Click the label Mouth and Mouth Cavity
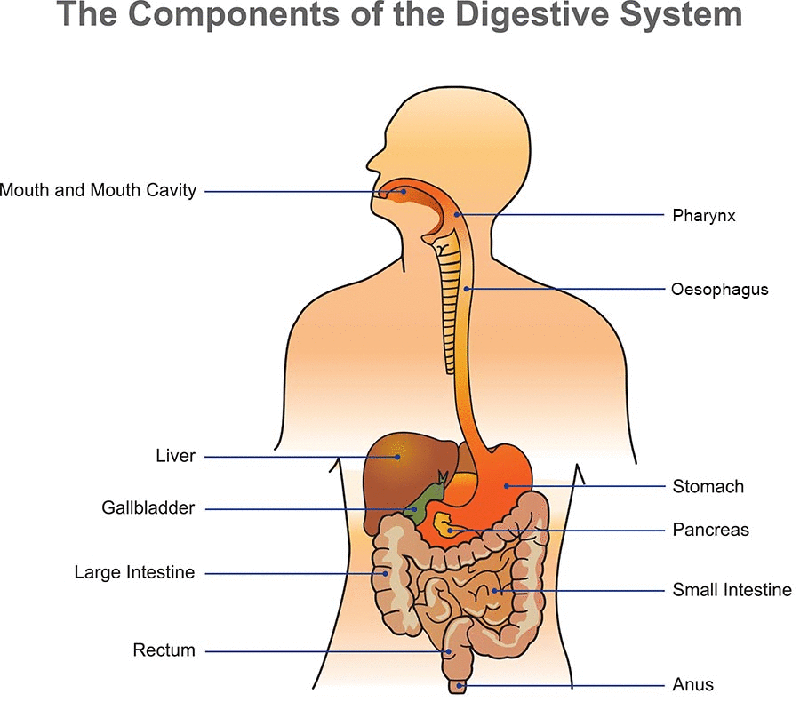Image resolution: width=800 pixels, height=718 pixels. click(98, 190)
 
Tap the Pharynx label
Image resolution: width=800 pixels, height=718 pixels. click(704, 215)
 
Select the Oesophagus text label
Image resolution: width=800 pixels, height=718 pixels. click(720, 290)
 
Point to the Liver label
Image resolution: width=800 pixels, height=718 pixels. click(175, 457)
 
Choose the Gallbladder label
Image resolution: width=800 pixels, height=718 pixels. click(148, 508)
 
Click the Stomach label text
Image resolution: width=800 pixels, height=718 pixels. click(708, 486)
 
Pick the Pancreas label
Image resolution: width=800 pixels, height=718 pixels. click(710, 530)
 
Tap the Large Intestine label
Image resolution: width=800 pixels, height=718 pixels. click(134, 573)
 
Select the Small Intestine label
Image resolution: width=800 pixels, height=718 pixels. click(732, 590)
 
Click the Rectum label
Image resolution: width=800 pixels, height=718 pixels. click(164, 650)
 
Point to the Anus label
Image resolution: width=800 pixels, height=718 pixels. click(692, 685)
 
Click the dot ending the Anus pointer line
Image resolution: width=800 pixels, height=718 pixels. click(460, 686)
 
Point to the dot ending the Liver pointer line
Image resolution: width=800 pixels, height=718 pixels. click(396, 457)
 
